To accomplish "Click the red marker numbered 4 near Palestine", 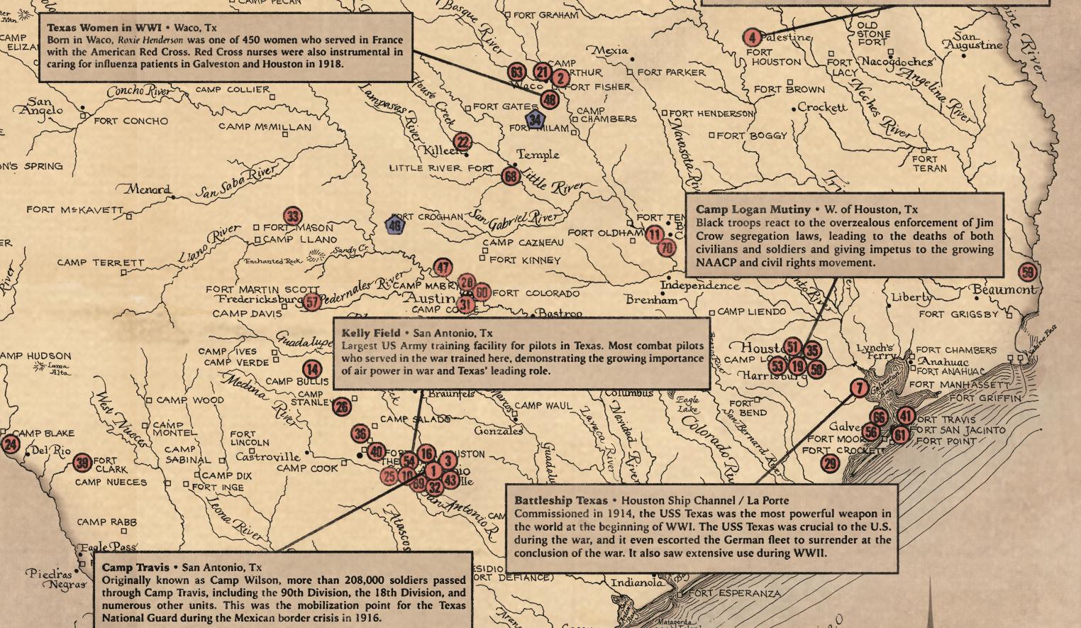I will (x=752, y=37).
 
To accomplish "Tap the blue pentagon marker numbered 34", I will (x=536, y=120).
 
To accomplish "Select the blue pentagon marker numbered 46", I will (x=395, y=226).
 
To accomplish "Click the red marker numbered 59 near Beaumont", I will (x=1027, y=272).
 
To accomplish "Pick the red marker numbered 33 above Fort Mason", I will (x=292, y=216).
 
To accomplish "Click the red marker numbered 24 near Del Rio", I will (x=11, y=445).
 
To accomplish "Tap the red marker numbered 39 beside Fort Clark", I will (x=83, y=463).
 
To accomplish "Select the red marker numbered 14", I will (x=312, y=369).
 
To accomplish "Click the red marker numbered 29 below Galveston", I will (x=829, y=464).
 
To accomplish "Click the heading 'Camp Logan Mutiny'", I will (x=753, y=209).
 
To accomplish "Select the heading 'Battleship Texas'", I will (x=560, y=500).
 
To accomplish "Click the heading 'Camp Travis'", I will (x=135, y=567).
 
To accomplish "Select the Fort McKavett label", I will (x=74, y=210).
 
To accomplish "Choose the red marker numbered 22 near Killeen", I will (x=462, y=142).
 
